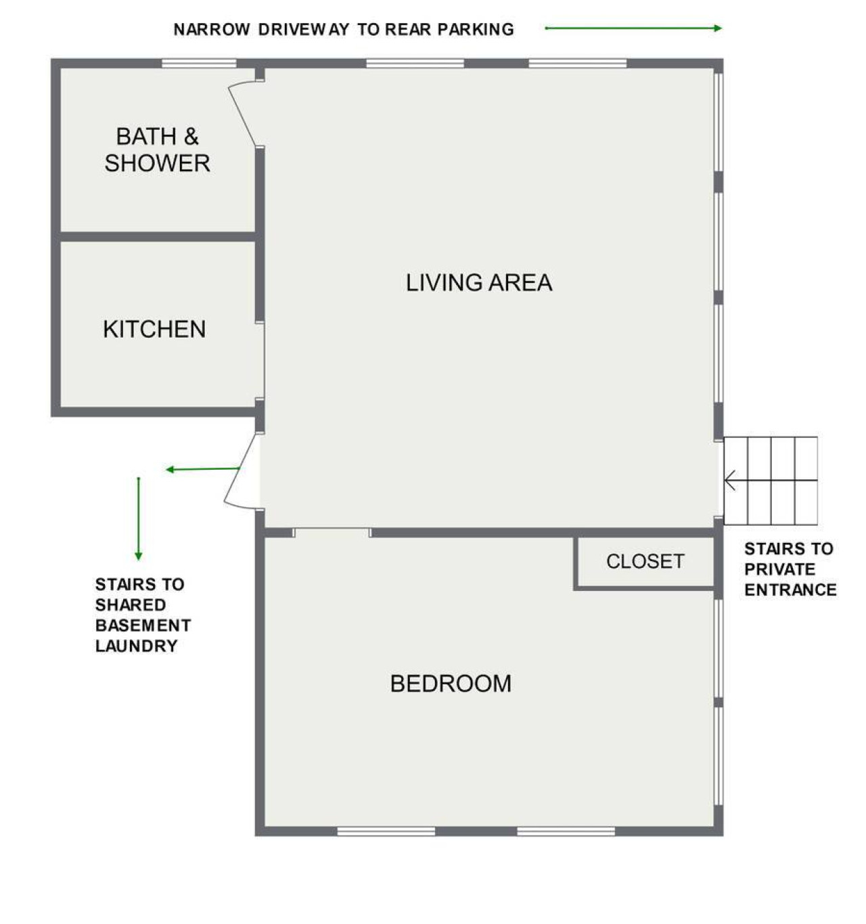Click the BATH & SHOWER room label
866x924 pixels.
tap(157, 150)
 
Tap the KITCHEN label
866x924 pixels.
tap(154, 329)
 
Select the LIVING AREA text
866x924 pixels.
tap(478, 282)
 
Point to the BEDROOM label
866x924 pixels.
tap(451, 684)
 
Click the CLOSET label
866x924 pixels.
tap(645, 561)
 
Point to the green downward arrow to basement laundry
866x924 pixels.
tap(138, 519)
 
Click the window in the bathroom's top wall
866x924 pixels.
tap(199, 64)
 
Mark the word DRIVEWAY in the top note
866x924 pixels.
tap(304, 30)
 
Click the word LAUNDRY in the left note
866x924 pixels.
tap(136, 646)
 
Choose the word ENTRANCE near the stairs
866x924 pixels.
tap(790, 590)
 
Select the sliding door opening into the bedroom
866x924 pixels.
tap(332, 533)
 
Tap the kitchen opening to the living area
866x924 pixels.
tap(260, 360)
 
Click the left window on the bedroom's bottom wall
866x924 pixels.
tap(386, 831)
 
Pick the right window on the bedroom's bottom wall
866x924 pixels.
tap(566, 831)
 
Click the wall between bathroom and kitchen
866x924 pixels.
tap(157, 236)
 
